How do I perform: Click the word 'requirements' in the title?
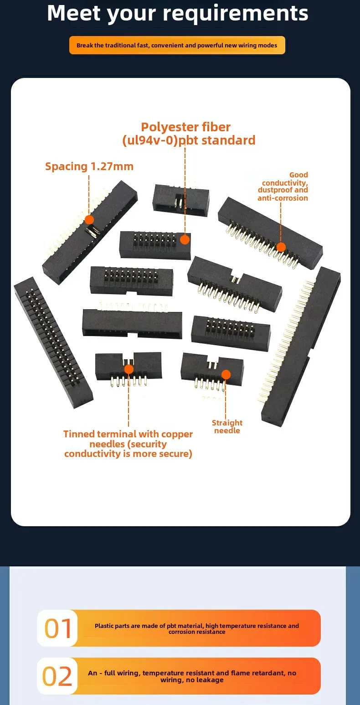point(235,14)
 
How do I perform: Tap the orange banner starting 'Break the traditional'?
point(177,45)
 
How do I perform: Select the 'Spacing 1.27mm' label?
point(89,166)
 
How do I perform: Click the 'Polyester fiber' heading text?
point(185,127)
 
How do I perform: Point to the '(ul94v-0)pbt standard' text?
point(189,140)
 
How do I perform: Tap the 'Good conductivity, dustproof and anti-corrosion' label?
point(283,187)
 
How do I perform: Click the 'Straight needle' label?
point(227,426)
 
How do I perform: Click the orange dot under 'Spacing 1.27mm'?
point(89,220)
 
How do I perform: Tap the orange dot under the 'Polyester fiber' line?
point(185,239)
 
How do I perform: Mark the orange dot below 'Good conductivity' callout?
point(281,247)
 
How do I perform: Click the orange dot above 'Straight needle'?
point(226,374)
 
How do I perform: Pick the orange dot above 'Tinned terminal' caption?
point(129,369)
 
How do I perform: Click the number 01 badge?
point(57,628)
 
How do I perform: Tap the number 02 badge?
point(57,676)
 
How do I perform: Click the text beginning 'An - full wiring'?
point(192,676)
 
